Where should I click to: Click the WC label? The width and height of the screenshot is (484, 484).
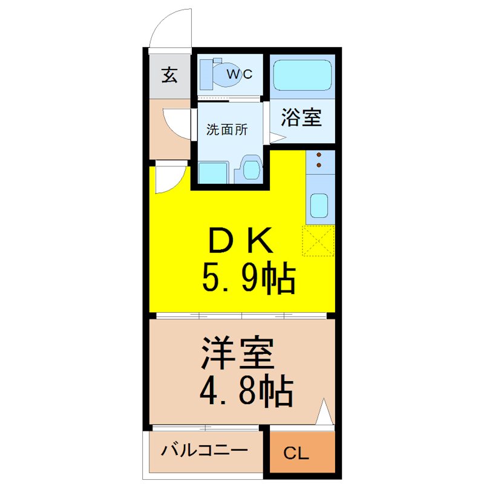(240, 74)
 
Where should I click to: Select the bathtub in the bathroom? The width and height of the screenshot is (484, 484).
(302, 75)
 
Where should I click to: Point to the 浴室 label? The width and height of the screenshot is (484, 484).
(301, 117)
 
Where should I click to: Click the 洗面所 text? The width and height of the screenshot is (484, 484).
(227, 129)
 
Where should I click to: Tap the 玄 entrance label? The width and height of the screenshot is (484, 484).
(169, 75)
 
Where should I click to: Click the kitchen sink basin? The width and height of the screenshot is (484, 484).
(319, 205)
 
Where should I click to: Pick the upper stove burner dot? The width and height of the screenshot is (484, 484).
(319, 155)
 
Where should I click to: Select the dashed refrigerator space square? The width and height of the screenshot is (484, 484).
(319, 241)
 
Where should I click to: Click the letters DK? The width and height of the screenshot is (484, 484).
(241, 240)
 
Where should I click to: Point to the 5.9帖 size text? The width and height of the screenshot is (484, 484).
(249, 277)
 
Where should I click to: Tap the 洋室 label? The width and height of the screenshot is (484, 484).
(238, 354)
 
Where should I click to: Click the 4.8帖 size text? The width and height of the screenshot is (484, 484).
(247, 391)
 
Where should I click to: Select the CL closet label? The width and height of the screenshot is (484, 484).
(296, 453)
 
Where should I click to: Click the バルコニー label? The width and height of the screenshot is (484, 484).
(204, 451)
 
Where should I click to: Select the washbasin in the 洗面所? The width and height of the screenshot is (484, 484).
(252, 170)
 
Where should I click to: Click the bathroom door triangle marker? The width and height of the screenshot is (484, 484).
(278, 138)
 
